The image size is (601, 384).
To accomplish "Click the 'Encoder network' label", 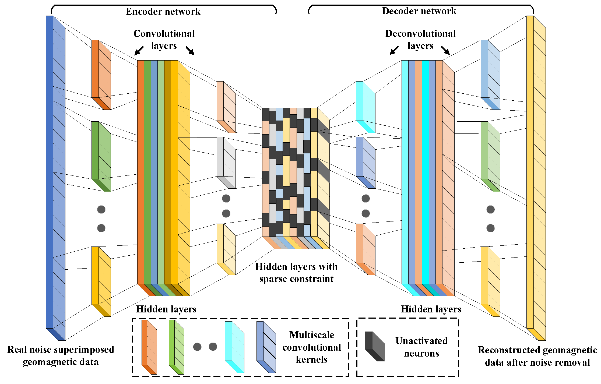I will (163, 12).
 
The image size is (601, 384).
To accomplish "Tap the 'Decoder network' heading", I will (419, 11).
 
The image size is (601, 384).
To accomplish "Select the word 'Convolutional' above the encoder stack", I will (164, 34).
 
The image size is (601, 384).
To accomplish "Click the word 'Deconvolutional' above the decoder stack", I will (420, 34).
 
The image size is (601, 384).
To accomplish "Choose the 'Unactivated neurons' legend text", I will (421, 347).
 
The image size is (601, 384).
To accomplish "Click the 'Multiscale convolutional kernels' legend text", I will (311, 347).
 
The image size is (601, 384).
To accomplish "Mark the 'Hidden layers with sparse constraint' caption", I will (296, 273).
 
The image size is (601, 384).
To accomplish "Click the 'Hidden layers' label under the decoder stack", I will (431, 309).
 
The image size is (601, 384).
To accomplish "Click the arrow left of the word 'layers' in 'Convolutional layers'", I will (139, 50).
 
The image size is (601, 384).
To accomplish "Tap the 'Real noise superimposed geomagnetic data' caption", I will (61, 355).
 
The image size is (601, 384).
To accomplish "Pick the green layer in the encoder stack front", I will (147, 172).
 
